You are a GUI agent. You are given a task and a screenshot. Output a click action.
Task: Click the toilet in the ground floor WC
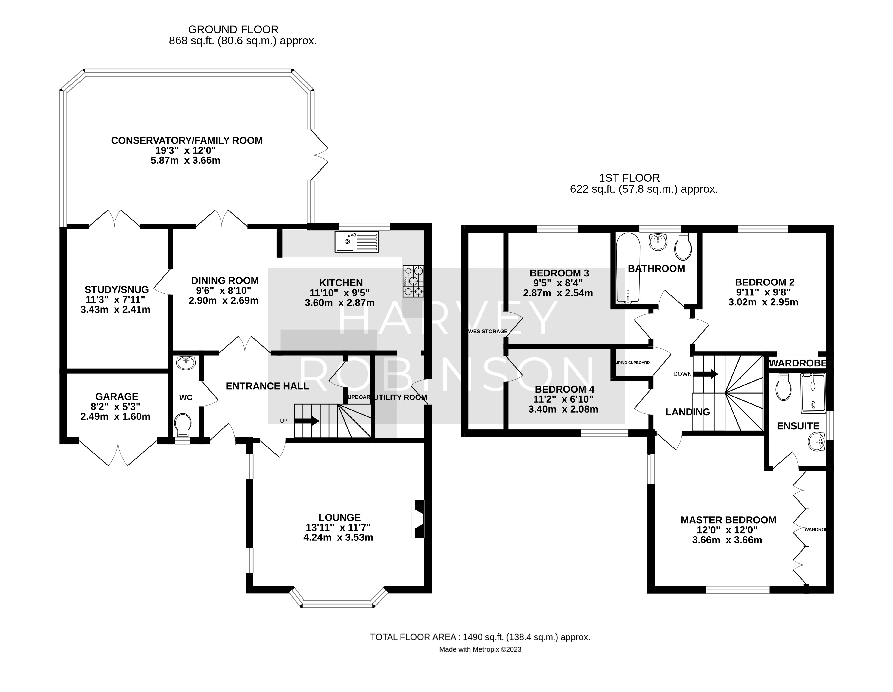(x=183, y=424)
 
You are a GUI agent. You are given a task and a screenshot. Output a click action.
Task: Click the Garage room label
(x=117, y=397)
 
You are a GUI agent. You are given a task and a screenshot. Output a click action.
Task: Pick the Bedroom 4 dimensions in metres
(x=563, y=409)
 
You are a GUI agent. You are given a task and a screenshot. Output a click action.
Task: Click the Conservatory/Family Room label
(x=187, y=141)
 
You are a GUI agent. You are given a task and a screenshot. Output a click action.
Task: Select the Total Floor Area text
(x=480, y=637)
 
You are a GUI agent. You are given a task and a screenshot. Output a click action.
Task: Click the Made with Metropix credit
(x=480, y=649)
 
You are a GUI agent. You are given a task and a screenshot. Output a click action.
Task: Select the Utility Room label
(x=401, y=397)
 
